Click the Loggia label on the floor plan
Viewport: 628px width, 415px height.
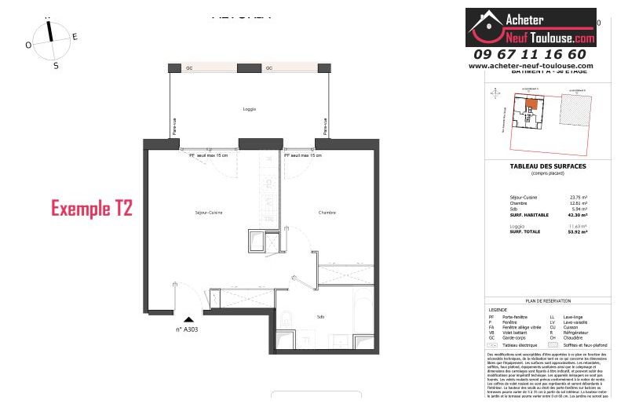point(249,109)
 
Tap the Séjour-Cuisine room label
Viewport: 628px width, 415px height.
point(210,213)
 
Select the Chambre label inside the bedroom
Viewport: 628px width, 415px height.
point(327,213)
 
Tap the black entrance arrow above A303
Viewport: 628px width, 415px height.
point(188,319)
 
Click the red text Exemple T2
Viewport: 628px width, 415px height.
point(92,209)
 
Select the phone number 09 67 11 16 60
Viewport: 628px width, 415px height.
point(530,54)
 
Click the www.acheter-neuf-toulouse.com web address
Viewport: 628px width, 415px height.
point(531,66)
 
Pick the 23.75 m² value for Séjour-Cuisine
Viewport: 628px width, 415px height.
point(578,198)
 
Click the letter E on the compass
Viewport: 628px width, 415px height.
point(75,36)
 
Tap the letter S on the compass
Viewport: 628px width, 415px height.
point(56,66)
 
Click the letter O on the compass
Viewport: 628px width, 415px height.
point(28,46)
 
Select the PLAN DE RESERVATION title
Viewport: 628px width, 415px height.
point(548,301)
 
